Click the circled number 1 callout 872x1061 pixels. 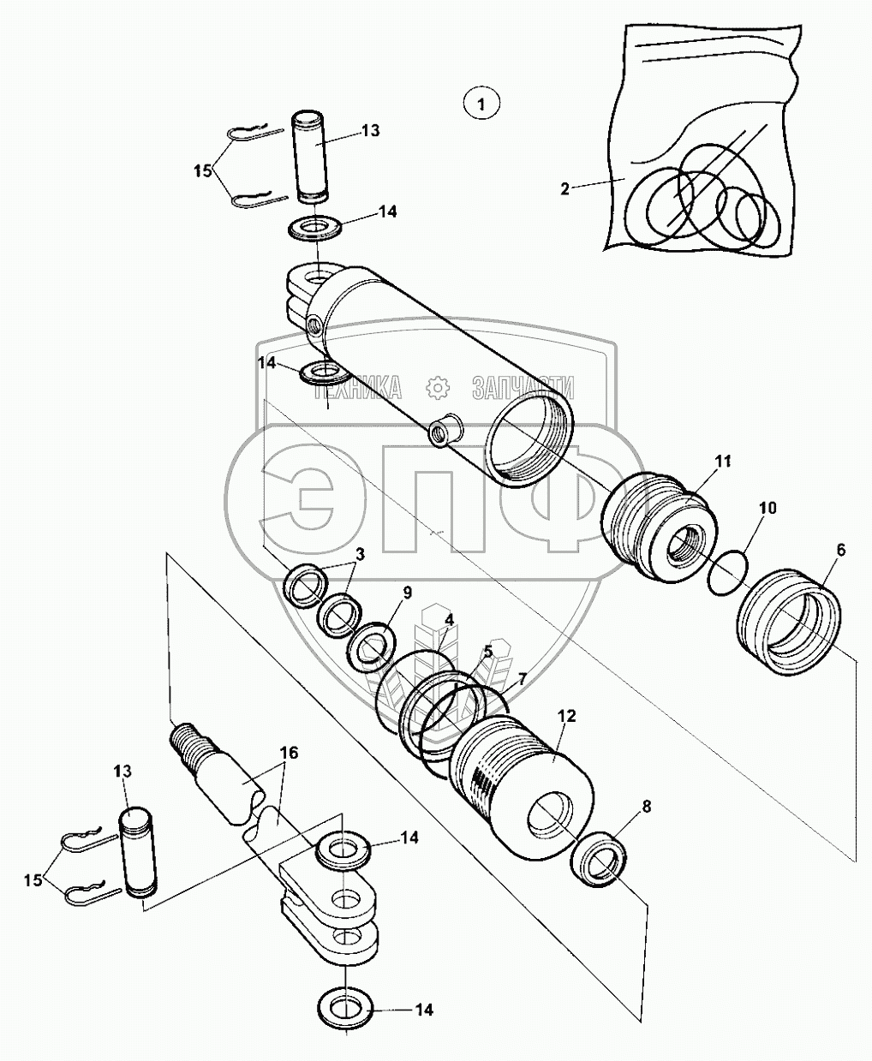coord(481,105)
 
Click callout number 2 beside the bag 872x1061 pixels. coord(564,189)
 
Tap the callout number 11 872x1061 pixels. coord(723,462)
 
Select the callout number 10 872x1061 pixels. coord(767,509)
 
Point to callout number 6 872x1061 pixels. coord(840,550)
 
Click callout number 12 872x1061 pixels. coord(566,715)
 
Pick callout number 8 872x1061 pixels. coord(646,806)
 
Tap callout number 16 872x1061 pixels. coord(289,753)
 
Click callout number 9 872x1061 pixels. coord(407,593)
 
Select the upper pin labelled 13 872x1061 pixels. coord(315,156)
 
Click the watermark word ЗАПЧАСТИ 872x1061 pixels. coord(523,388)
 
